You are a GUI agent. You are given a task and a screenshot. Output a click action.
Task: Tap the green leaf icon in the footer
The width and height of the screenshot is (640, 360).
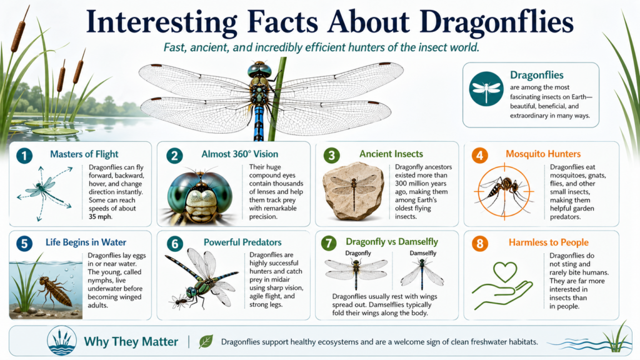pyautogui.click(x=205, y=341)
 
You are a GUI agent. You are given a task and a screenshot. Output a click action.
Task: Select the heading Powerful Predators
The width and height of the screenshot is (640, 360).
pyautogui.click(x=242, y=242)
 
